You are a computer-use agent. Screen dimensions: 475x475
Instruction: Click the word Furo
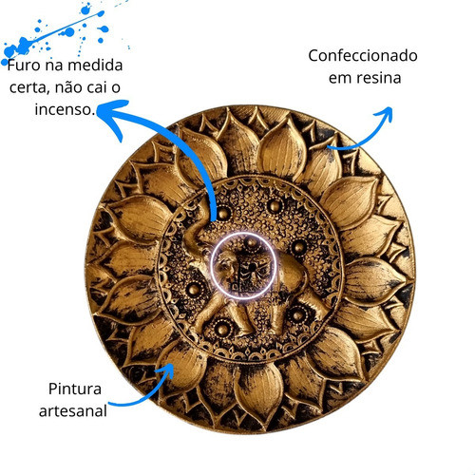pyautogui.click(x=24, y=66)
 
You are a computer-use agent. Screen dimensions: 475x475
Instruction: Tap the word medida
pyautogui.click(x=95, y=65)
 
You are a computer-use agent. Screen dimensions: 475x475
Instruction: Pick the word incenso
pyautogui.click(x=65, y=109)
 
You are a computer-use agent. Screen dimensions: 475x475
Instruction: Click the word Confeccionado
pyautogui.click(x=363, y=55)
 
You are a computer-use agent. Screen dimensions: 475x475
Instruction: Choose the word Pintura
pyautogui.click(x=75, y=389)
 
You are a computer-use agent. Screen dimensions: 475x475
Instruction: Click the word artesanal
pyautogui.click(x=73, y=411)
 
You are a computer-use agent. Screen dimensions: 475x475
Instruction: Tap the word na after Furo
pyautogui.click(x=54, y=66)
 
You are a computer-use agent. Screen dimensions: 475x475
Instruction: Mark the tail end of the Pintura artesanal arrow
pyautogui.click(x=109, y=404)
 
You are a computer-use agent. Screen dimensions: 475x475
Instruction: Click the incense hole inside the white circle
pyautogui.click(x=252, y=268)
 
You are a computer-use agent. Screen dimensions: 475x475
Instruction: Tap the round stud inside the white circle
pyautogui.click(x=252, y=243)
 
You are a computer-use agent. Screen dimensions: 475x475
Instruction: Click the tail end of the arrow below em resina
pyautogui.click(x=329, y=147)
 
